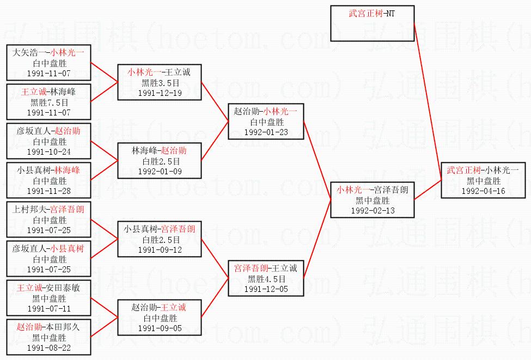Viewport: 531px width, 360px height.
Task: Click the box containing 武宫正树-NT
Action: [373, 23]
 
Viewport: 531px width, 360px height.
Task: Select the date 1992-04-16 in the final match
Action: [483, 191]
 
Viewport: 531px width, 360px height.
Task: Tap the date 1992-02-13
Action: [373, 211]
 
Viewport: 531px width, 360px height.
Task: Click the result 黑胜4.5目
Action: [266, 279]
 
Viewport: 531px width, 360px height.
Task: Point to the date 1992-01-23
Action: [266, 132]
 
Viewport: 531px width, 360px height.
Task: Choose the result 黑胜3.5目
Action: [160, 83]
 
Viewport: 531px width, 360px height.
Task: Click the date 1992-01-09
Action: [160, 172]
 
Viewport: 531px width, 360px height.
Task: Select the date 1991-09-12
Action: [160, 250]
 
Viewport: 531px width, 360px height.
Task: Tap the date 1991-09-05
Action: [160, 328]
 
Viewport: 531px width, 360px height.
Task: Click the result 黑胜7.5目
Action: [49, 102]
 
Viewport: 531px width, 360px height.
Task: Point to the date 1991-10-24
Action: [49, 152]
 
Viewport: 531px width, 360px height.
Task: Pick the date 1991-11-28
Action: [49, 191]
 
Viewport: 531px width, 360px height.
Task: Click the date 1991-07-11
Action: [49, 309]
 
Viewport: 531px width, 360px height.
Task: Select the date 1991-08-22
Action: [49, 348]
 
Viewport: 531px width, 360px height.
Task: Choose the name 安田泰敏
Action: [63, 288]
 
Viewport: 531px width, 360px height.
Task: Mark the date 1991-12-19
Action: [160, 93]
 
